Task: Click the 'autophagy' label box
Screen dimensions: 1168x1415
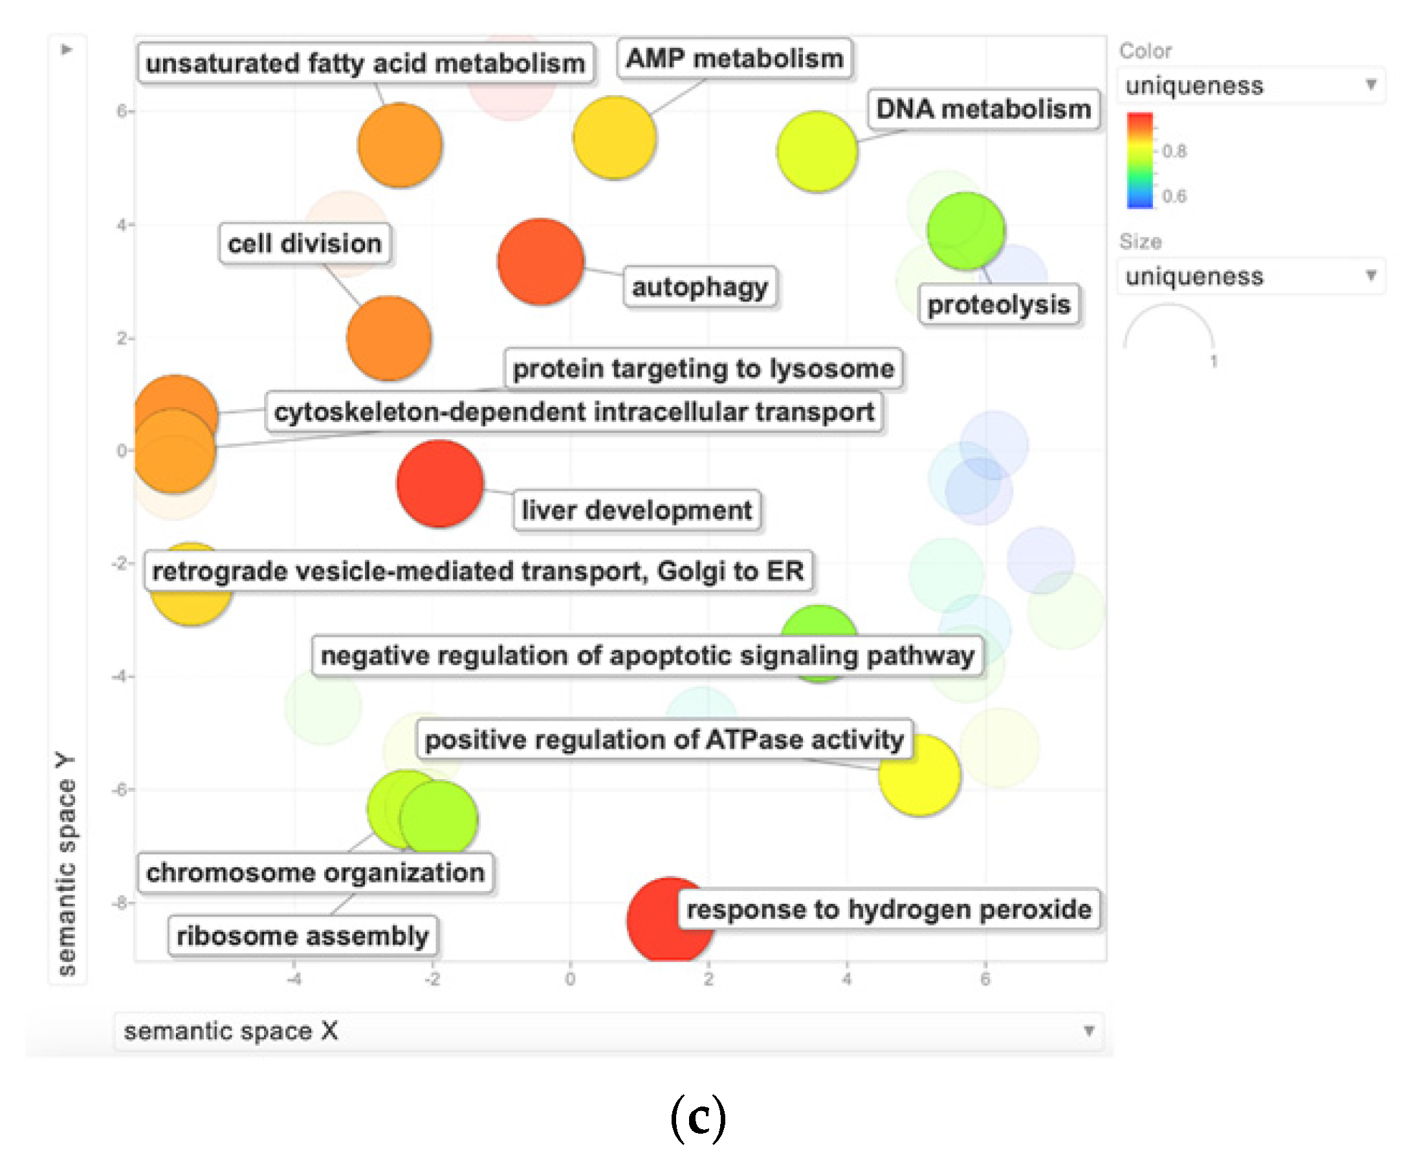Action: pos(699,287)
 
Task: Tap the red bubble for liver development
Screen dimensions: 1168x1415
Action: pos(439,483)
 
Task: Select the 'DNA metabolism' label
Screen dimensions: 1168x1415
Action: pos(983,109)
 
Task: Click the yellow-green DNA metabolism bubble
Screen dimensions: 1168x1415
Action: pos(817,151)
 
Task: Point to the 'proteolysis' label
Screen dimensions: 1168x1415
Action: pos(998,305)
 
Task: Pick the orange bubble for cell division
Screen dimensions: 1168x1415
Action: pos(388,338)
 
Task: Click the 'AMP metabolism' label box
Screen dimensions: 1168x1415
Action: pos(734,58)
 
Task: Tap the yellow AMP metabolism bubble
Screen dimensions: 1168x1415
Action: pos(613,137)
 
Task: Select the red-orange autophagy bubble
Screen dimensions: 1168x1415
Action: pos(540,261)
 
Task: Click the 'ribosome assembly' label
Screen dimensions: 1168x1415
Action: pos(302,935)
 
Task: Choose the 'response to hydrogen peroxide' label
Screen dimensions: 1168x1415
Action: pos(888,909)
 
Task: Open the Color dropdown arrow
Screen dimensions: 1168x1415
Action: pos(1370,85)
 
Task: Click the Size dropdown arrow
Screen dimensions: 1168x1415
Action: pos(1370,275)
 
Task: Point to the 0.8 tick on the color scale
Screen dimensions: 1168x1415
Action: pos(1174,151)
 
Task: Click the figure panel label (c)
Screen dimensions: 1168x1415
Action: pos(697,1118)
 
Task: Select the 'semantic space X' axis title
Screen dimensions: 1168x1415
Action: pos(231,1030)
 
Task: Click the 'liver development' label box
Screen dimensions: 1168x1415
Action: pos(636,511)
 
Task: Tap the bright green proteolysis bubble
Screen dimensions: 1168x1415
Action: pos(965,231)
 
